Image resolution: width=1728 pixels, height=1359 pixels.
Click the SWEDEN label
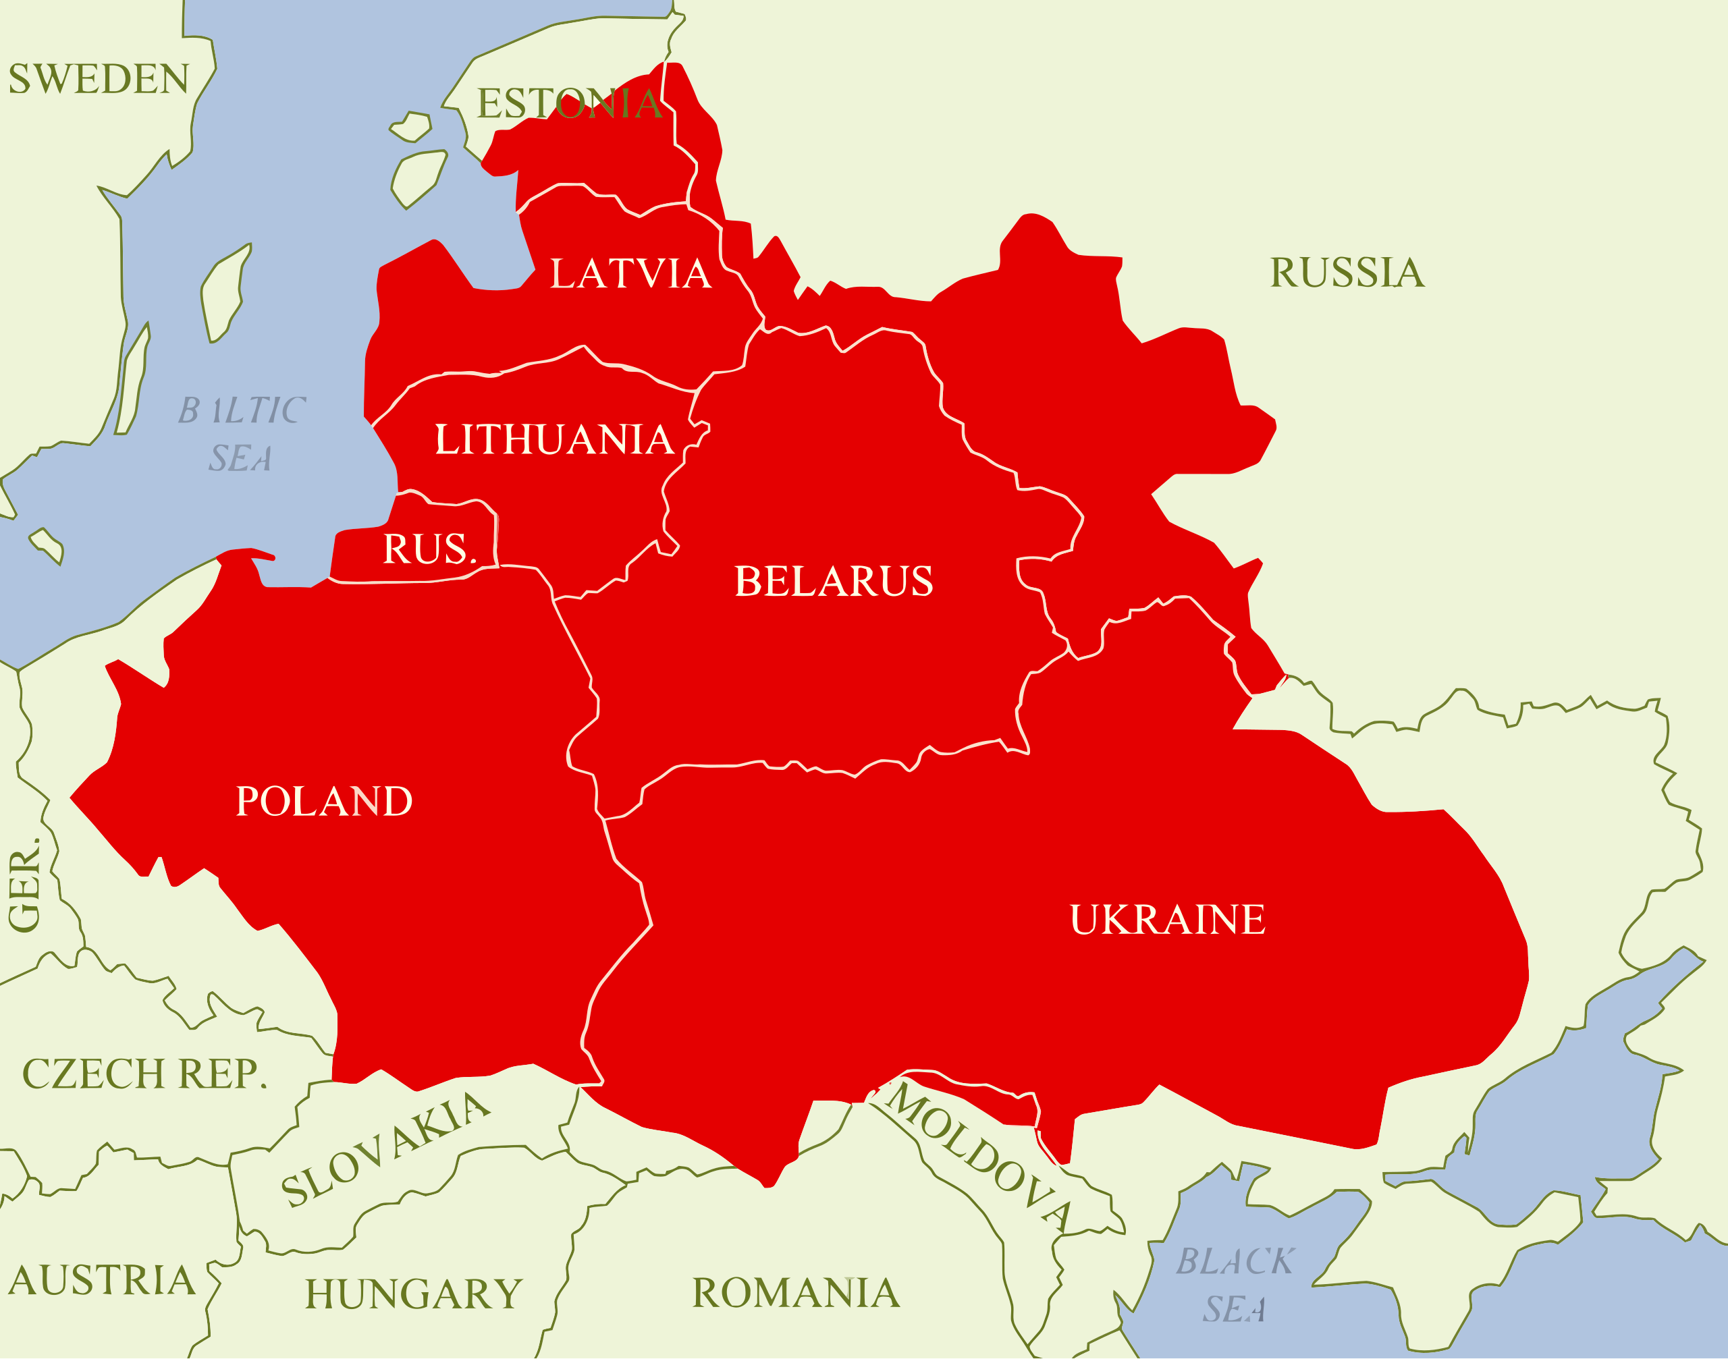tap(99, 79)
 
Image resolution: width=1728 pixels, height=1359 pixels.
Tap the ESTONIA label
tap(569, 104)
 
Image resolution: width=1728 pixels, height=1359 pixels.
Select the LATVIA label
tap(630, 274)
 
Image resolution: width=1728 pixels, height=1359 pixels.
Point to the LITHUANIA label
tap(554, 439)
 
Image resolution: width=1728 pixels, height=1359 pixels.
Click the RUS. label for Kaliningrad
tap(429, 549)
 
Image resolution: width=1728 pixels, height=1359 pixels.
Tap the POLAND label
tap(324, 801)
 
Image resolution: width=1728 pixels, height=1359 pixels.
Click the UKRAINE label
tap(1167, 920)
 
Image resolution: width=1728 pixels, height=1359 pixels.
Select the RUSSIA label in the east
tap(1346, 273)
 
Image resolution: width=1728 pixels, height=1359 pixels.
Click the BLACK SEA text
tap(1235, 1285)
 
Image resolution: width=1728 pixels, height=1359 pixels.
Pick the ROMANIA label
tap(795, 1293)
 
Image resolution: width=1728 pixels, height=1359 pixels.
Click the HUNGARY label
tap(413, 1294)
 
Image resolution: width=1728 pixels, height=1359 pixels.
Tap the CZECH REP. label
tap(144, 1074)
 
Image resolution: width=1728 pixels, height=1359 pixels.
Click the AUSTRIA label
tap(102, 1281)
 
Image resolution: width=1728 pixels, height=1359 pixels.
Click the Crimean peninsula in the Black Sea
tap(1488, 1194)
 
